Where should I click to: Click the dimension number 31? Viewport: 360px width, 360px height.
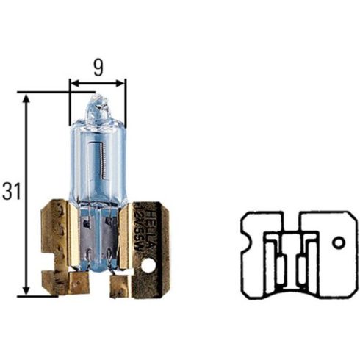tap(10, 193)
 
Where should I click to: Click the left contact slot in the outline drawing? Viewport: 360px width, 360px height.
tap(279, 260)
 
